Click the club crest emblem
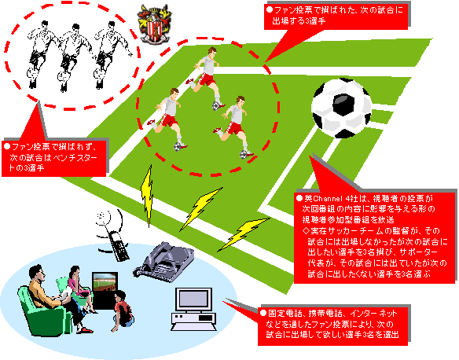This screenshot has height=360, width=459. [154, 24]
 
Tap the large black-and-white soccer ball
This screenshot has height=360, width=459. [341, 108]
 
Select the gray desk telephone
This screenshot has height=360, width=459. [164, 262]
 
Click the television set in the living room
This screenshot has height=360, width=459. [105, 290]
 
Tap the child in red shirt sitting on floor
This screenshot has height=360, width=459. [123, 311]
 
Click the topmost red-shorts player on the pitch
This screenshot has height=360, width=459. [207, 79]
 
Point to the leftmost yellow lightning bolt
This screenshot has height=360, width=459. [148, 196]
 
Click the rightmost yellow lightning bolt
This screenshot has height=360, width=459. [244, 234]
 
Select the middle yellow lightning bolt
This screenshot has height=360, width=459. [201, 209]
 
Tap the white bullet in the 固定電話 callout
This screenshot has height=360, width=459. [263, 313]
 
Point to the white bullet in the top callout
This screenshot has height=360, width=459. [270, 9]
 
